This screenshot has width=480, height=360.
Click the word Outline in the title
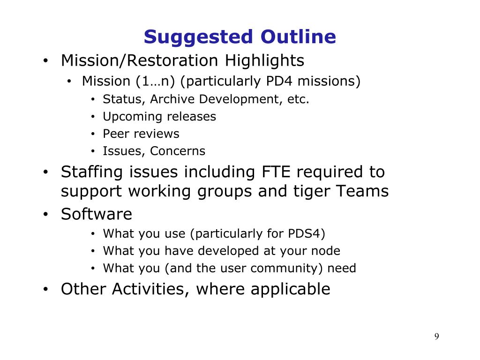pyautogui.click(x=298, y=37)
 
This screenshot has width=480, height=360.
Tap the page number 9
pyautogui.click(x=436, y=337)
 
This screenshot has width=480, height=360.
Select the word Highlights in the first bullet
pyautogui.click(x=264, y=60)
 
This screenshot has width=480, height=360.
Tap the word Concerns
pyautogui.click(x=178, y=151)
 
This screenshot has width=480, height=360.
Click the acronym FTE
pyautogui.click(x=276, y=172)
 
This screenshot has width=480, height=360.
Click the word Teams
pyautogui.click(x=362, y=191)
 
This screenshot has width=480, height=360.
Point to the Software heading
pyautogui.click(x=97, y=214)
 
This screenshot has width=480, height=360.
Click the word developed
pyautogui.click(x=229, y=251)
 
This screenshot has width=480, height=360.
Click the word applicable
pyautogui.click(x=291, y=289)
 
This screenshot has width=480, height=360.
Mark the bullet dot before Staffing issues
pyautogui.click(x=45, y=172)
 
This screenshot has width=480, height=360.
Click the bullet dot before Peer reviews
pyautogui.click(x=93, y=134)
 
